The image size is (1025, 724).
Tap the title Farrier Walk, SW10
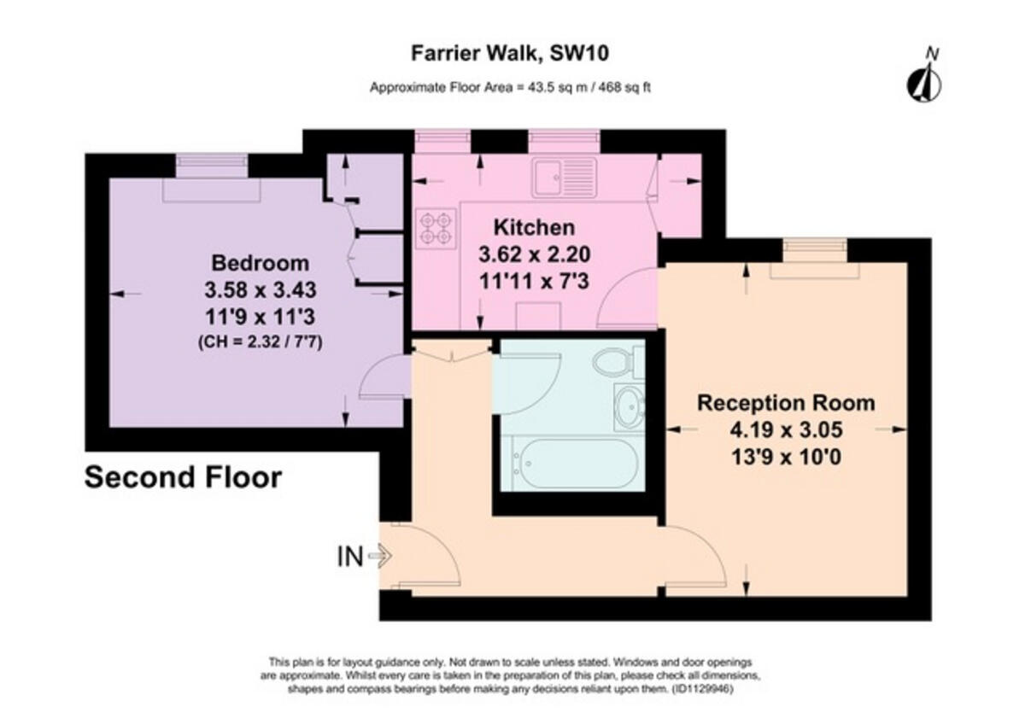tap(510, 53)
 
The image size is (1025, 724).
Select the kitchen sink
tap(565, 178)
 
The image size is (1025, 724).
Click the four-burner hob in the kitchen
tap(436, 228)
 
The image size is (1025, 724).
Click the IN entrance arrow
tap(381, 556)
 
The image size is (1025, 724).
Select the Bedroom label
tap(260, 263)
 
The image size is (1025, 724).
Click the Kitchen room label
tap(534, 227)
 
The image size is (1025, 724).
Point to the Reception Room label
tap(786, 403)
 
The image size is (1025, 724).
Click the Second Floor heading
tap(183, 477)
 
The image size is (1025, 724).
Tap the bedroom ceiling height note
tap(260, 342)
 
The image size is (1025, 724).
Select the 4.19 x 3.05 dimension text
tap(786, 429)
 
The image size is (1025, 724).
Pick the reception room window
tap(815, 251)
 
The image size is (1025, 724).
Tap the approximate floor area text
tap(510, 87)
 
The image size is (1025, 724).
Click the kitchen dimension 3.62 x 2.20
tap(534, 254)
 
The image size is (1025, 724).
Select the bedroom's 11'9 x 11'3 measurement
tap(260, 317)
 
